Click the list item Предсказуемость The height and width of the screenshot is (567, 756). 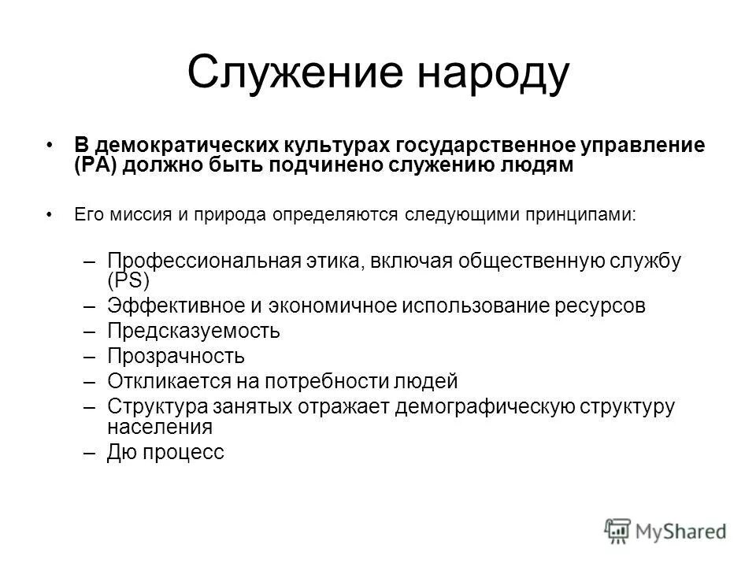(194, 332)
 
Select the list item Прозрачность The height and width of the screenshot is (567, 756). (176, 357)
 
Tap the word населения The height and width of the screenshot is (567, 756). (160, 427)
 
